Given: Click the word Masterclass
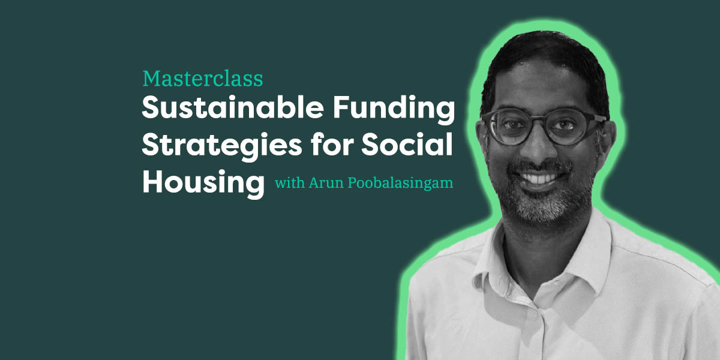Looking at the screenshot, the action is click(203, 79).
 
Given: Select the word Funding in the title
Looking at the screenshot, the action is click(394, 110).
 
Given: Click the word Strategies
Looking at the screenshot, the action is click(222, 146).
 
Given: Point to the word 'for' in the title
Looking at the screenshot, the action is click(332, 144).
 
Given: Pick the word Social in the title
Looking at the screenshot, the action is click(407, 144).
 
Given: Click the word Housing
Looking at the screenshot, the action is click(203, 184).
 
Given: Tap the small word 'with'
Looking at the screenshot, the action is click(290, 182).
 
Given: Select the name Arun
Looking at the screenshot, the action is click(326, 183).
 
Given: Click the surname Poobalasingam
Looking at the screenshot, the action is click(401, 184).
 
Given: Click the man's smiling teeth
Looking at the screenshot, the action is click(538, 178).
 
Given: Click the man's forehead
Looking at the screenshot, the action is click(543, 87).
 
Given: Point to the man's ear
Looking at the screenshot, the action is click(608, 138).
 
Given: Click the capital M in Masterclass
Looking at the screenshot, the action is click(152, 79).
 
